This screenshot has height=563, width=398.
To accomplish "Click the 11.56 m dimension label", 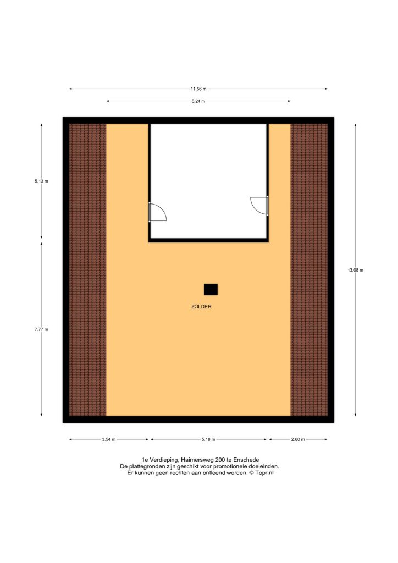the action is click(198, 89).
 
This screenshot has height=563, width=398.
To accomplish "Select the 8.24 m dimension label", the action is click(198, 101).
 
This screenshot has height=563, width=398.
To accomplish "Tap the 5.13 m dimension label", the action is click(41, 181).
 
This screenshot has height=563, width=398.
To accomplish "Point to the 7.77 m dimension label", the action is click(41, 329).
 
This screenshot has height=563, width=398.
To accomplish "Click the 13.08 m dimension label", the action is click(355, 270).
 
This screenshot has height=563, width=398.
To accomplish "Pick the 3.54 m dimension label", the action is click(109, 439).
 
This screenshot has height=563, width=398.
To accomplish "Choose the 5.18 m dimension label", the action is click(208, 439).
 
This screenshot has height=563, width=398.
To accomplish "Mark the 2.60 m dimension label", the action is click(298, 439).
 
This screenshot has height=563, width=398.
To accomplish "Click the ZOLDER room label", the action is click(201, 307).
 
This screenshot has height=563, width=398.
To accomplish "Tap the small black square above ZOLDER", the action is click(211, 289).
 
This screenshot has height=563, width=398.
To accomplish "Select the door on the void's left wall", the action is click(157, 212).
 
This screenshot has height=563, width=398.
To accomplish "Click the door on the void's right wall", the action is click(259, 206).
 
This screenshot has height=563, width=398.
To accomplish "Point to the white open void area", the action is click(208, 180).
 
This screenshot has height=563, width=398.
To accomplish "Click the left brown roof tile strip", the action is click(87, 269).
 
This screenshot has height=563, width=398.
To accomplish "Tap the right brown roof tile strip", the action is click(309, 269).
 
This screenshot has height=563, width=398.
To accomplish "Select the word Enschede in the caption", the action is click(246, 460).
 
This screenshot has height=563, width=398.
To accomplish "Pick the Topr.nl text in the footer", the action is click(264, 473).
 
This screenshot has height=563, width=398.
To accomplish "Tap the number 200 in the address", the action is click(220, 460).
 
